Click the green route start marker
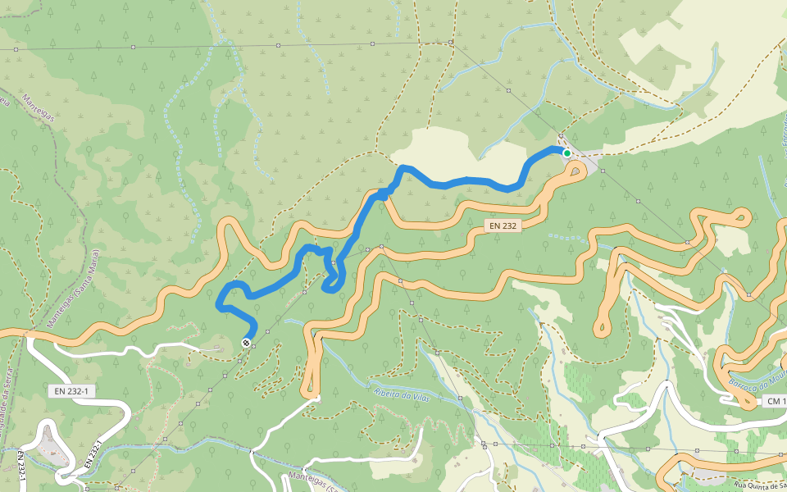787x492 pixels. (566, 153)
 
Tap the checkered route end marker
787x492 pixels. (247, 342)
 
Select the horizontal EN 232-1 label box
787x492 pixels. (71, 391)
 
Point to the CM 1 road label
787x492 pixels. (774, 401)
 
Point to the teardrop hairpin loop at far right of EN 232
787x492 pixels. (739, 216)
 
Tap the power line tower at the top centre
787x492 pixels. (451, 42)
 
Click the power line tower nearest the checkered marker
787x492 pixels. (254, 346)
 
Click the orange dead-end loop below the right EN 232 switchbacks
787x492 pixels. (603, 328)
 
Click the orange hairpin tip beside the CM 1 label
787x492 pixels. (748, 403)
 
